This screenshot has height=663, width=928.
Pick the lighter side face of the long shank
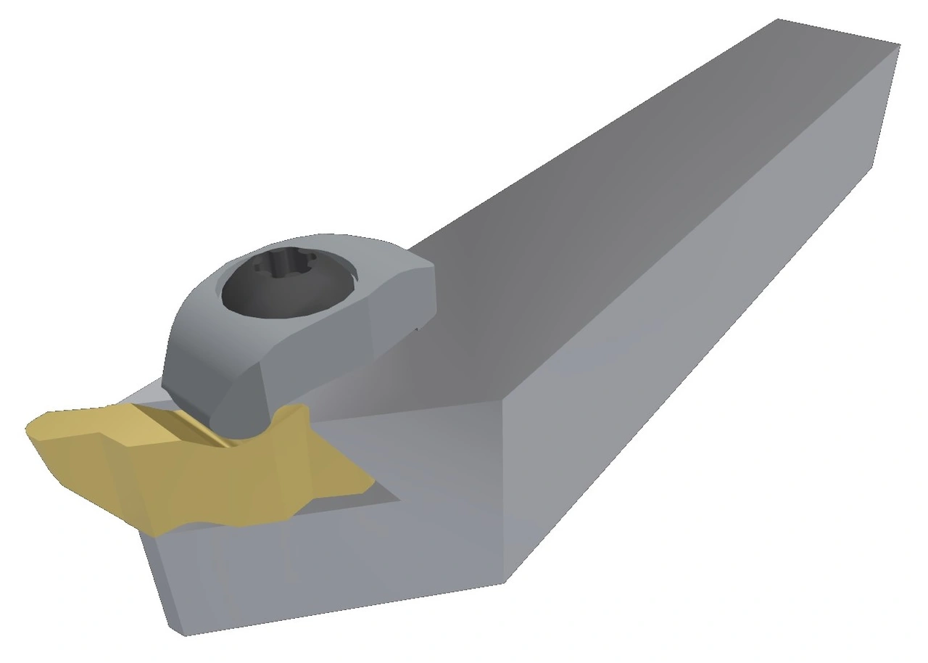[x=689, y=326]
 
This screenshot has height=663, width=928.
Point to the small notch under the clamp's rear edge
[x=416, y=331]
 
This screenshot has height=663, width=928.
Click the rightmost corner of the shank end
[x=900, y=45]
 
